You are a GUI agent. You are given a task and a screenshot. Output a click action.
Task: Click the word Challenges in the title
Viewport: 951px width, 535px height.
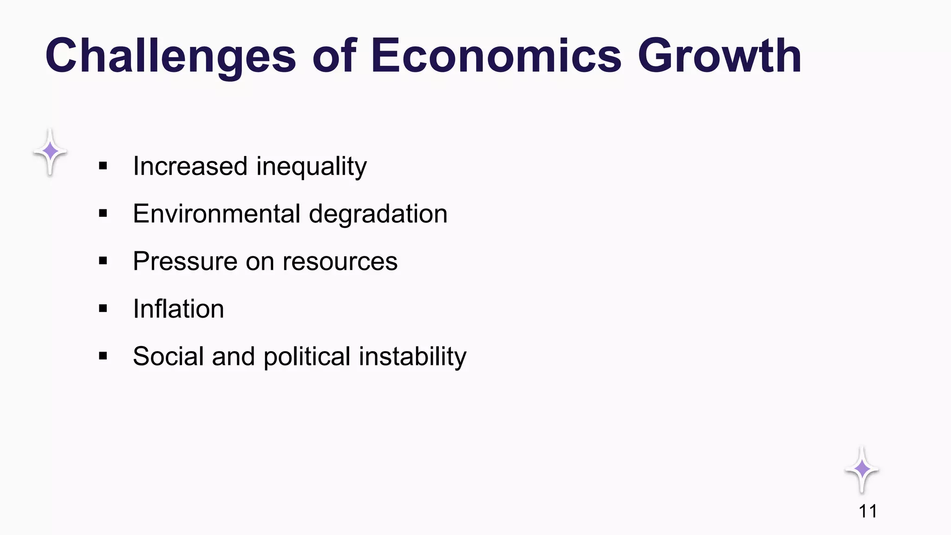pyautogui.click(x=170, y=56)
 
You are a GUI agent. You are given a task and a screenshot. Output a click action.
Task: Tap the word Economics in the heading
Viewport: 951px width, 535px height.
pyautogui.click(x=496, y=56)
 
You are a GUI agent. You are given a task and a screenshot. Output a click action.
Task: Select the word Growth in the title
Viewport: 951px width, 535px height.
pyautogui.click(x=720, y=56)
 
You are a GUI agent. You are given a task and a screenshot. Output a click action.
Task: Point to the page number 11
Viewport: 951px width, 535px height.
pyautogui.click(x=867, y=511)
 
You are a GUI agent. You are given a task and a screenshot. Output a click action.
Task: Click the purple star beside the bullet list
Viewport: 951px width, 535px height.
pyautogui.click(x=50, y=152)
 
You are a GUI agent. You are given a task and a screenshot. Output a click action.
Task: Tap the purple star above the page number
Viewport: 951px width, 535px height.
pyautogui.click(x=862, y=470)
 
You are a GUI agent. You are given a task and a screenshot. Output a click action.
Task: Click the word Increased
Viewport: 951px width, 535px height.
pyautogui.click(x=190, y=166)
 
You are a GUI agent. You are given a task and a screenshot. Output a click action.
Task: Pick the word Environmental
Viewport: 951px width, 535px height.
pyautogui.click(x=216, y=214)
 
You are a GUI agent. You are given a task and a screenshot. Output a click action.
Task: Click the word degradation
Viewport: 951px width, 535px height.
pyautogui.click(x=378, y=214)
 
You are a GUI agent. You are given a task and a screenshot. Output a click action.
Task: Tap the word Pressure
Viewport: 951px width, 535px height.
pyautogui.click(x=185, y=261)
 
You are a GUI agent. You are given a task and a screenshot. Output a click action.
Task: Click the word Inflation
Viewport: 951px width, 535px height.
pyautogui.click(x=178, y=309)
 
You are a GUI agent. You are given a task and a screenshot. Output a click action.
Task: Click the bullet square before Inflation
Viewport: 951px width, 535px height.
pyautogui.click(x=103, y=308)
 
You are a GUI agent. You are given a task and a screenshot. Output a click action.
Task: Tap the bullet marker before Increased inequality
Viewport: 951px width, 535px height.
pyautogui.click(x=103, y=166)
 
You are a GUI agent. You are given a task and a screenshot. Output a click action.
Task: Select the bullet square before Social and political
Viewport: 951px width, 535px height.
pyautogui.click(x=103, y=356)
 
